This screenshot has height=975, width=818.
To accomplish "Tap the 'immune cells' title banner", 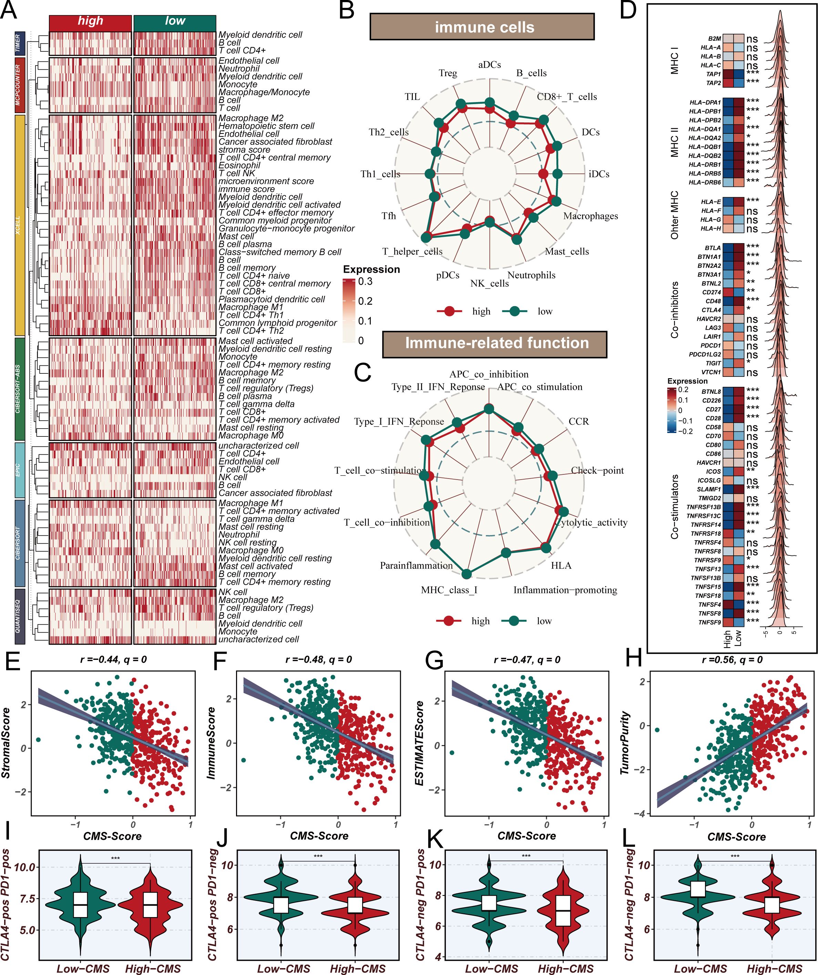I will (x=482, y=27).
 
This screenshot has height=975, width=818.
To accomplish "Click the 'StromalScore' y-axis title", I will (x=6, y=743).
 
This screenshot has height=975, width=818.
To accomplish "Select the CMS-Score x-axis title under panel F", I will (x=319, y=836).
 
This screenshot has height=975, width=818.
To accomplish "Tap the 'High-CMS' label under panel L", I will (x=772, y=968).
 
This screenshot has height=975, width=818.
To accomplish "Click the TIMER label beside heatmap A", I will (x=19, y=44).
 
